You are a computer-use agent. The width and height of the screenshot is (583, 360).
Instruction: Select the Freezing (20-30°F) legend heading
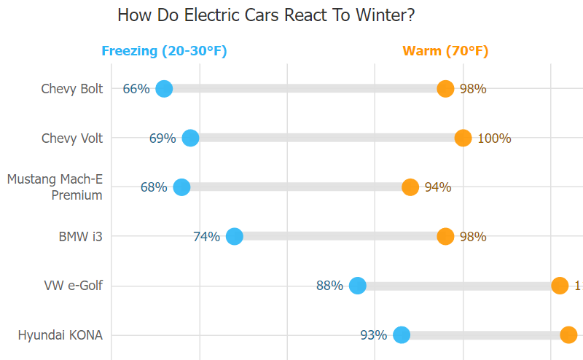click(164, 51)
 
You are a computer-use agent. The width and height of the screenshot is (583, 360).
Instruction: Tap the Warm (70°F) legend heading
click(445, 51)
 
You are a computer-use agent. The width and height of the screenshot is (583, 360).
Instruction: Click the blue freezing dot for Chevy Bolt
click(164, 89)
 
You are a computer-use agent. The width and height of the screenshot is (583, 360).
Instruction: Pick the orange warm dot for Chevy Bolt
click(445, 89)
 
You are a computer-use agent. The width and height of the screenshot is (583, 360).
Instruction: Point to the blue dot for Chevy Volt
click(190, 138)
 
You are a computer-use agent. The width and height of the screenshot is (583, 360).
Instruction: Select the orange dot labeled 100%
click(463, 138)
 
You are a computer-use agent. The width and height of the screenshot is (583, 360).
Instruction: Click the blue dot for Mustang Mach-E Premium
click(181, 187)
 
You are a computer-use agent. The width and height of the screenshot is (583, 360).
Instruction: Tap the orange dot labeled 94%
click(410, 187)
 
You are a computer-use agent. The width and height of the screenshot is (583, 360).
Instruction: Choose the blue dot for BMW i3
click(234, 236)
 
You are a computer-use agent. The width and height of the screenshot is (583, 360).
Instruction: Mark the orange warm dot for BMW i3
click(445, 236)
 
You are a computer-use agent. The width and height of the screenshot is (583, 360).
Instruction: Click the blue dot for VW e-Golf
click(357, 286)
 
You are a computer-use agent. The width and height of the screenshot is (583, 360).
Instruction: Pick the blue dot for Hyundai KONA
click(401, 335)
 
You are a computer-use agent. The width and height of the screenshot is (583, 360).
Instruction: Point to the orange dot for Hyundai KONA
click(568, 335)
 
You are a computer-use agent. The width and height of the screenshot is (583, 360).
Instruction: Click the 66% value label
click(136, 89)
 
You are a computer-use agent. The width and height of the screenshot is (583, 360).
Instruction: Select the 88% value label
click(329, 286)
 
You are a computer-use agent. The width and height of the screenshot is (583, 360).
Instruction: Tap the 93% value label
click(373, 335)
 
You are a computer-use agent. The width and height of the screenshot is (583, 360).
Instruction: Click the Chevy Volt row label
click(72, 138)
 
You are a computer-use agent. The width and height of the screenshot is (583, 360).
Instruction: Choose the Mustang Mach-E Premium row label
click(55, 187)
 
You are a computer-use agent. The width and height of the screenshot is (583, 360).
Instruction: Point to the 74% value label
click(206, 236)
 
